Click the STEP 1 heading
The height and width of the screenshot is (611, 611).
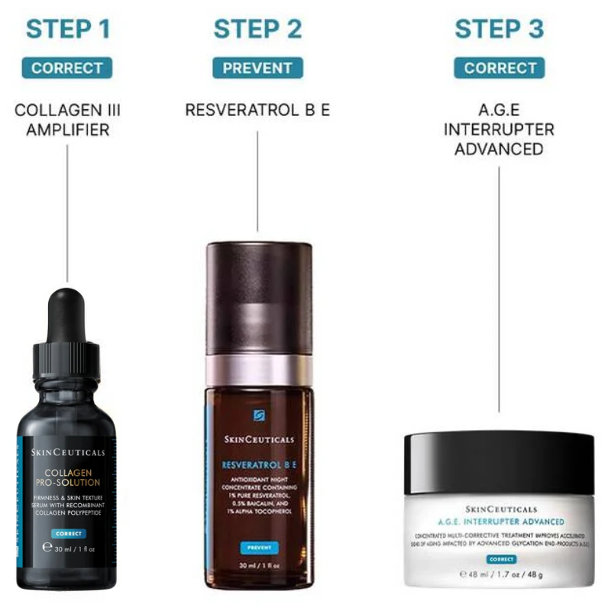pos(68,29)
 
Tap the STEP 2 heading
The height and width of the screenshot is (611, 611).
pos(257,29)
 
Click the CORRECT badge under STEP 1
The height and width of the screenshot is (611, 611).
pos(67,68)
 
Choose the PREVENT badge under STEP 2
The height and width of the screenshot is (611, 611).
pos(257,68)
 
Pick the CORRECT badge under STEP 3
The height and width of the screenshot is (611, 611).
pos(499,68)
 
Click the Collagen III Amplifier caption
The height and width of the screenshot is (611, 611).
pos(67,120)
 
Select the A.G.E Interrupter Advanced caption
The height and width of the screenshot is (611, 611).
pos(499,129)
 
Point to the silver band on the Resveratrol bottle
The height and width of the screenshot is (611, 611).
pos(259,370)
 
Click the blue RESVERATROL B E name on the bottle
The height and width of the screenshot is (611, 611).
pos(259,464)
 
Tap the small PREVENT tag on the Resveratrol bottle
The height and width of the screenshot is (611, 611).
pos(258,548)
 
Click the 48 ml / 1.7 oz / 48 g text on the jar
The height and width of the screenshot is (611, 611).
pos(501,574)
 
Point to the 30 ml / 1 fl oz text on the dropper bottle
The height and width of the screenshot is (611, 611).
pos(69,548)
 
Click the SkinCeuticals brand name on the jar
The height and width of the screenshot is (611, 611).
pos(500,509)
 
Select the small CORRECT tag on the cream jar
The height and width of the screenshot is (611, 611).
pos(500,559)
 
